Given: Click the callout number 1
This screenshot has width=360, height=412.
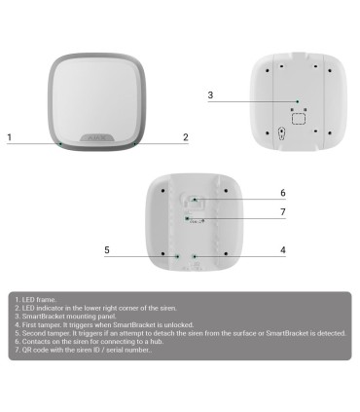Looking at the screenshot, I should [10, 138].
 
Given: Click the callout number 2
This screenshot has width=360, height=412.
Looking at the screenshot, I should [186, 138].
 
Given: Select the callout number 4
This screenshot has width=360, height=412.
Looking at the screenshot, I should [282, 250].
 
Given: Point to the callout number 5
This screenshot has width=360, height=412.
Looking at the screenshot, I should [107, 250].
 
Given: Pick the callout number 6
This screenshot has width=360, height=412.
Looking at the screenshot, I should [282, 193].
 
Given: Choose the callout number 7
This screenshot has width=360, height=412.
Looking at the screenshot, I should [282, 212].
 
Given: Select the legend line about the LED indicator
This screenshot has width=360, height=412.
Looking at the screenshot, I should [87, 308].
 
